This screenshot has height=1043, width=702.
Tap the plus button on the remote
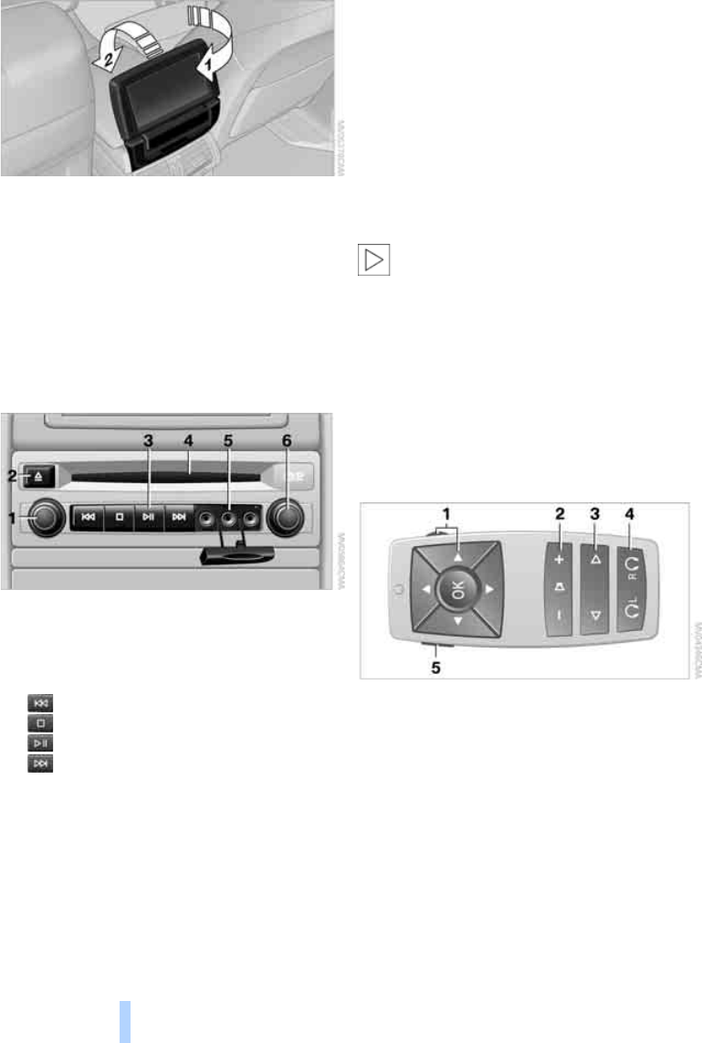coord(560,558)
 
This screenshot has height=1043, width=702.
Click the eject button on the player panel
coord(40,475)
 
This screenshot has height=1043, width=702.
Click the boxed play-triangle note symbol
coord(372,260)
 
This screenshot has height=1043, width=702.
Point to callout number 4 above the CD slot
coord(187,440)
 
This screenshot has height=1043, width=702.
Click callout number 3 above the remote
coord(594,514)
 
